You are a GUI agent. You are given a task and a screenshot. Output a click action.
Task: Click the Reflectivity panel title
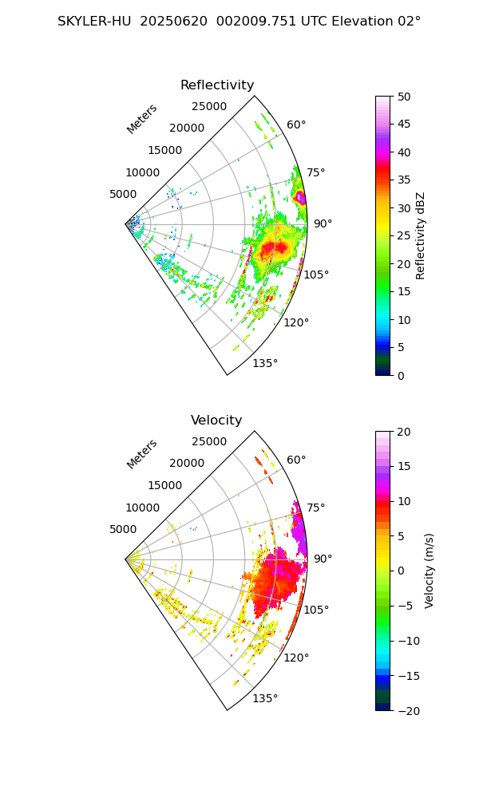click(216, 85)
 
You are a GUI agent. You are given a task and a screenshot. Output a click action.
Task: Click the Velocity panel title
click(216, 421)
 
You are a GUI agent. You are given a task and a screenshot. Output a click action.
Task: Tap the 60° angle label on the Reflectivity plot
click(296, 124)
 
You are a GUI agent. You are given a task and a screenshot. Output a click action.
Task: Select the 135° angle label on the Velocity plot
click(265, 698)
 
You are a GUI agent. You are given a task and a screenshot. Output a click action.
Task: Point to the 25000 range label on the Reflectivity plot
click(209, 107)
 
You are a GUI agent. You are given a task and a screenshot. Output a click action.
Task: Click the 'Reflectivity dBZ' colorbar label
click(421, 235)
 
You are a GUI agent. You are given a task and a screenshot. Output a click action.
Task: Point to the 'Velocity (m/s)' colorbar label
click(430, 571)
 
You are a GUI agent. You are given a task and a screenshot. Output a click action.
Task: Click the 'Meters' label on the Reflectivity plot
click(142, 119)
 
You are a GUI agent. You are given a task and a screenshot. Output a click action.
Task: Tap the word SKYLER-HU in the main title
click(95, 22)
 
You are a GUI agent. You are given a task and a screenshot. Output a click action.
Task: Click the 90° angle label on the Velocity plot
click(323, 559)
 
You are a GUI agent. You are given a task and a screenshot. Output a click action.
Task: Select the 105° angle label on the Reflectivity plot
click(316, 275)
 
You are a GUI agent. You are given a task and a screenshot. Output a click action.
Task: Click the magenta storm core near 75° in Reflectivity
click(300, 197)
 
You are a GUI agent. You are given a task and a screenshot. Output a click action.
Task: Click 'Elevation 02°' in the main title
click(373, 22)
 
